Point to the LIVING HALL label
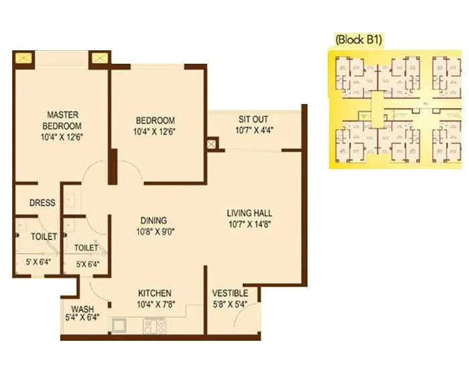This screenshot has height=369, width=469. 248,213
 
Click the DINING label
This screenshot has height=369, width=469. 153,220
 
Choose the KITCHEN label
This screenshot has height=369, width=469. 155,293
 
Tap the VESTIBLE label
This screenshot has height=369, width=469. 230,293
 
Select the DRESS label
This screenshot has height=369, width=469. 42,203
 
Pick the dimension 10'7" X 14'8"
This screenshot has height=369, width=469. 248,224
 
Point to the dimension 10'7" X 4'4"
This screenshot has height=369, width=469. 254,131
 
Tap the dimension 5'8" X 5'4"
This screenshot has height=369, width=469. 230,304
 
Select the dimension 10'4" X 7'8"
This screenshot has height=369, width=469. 155,304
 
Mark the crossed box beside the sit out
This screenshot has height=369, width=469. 213,144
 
